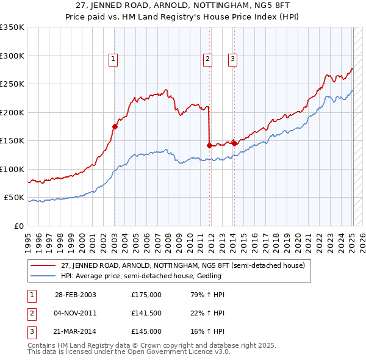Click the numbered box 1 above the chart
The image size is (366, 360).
[114, 59]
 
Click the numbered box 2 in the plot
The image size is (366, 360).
[208, 59]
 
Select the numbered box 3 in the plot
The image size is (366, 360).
[233, 59]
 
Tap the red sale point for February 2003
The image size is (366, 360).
[115, 127]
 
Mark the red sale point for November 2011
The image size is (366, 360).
[209, 145]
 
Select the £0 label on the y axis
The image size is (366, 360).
[18, 226]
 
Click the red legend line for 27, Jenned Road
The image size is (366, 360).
[43, 265]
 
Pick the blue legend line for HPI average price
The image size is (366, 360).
[43, 276]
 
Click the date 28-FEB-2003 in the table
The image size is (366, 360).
[75, 295]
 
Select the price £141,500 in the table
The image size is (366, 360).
[146, 313]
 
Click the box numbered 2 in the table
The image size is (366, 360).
[32, 313]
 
